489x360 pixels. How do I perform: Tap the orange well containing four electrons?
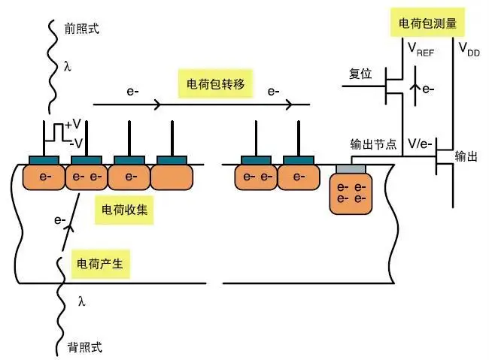[351, 192]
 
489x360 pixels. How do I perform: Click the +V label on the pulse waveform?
[73, 125]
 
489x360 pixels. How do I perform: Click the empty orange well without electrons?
[172, 177]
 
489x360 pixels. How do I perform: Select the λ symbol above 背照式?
[82, 301]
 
